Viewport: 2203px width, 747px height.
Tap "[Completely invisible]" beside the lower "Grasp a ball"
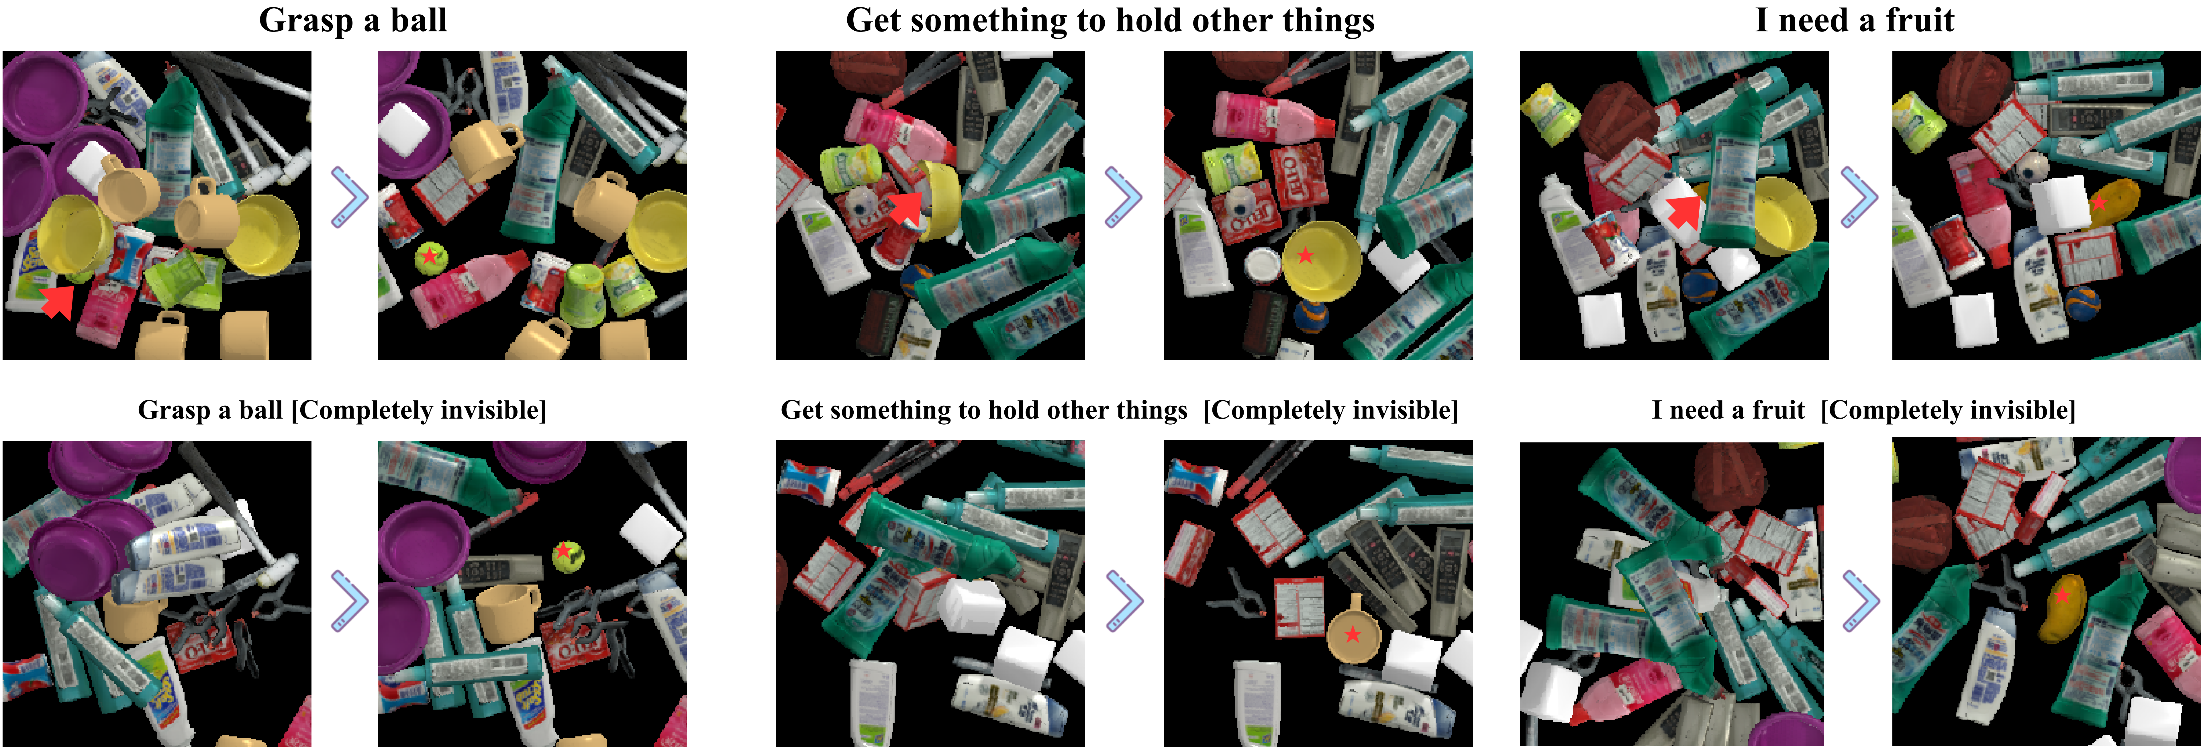(418, 410)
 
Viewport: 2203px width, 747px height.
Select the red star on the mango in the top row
(2099, 203)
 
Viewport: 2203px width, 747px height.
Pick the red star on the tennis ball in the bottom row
(563, 551)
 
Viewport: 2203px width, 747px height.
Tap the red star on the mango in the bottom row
(2063, 595)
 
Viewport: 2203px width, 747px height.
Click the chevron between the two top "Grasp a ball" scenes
(349, 197)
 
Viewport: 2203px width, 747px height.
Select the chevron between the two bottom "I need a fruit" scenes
(1861, 601)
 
